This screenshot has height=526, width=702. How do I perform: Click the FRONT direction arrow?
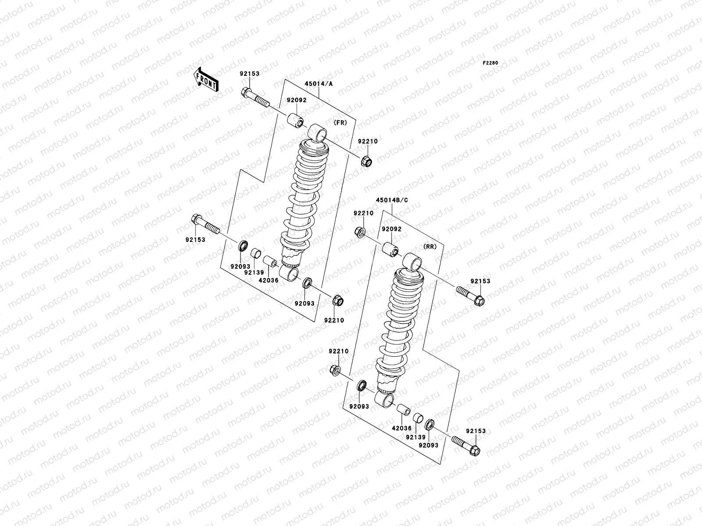click(x=206, y=79)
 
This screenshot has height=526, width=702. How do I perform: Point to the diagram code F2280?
click(x=491, y=63)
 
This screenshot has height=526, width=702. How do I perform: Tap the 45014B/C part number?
click(x=392, y=200)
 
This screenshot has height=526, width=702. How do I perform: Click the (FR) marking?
click(x=340, y=123)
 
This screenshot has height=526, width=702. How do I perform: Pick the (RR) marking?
click(x=430, y=247)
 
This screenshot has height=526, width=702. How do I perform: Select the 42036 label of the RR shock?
click(x=402, y=429)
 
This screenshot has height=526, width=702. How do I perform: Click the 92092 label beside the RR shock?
click(x=391, y=229)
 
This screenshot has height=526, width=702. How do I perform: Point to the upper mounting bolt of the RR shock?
click(x=470, y=295)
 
